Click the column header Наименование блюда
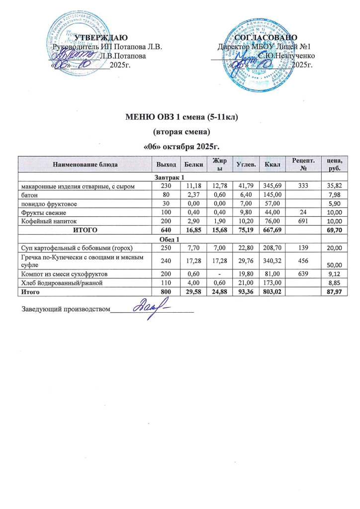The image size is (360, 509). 85,164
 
